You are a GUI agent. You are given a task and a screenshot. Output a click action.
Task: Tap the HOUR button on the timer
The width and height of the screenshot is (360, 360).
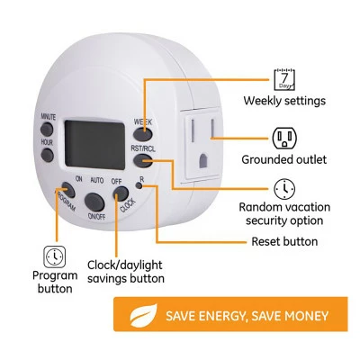[x=47, y=156]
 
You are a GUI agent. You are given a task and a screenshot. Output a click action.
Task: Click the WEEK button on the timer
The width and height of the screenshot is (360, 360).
[x=142, y=134]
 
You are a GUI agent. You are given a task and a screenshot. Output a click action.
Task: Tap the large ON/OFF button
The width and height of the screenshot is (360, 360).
[x=94, y=202]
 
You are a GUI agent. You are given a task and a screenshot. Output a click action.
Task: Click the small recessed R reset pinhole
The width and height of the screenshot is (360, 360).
[x=139, y=185]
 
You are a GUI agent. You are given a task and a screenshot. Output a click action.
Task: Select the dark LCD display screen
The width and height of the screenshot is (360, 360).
[x=94, y=145]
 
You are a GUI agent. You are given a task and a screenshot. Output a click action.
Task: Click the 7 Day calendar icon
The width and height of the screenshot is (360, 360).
[x=284, y=79]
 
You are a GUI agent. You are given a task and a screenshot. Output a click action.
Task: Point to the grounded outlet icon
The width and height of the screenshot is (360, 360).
[x=284, y=138]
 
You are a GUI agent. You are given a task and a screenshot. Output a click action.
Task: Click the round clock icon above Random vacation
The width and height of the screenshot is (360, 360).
[x=284, y=189]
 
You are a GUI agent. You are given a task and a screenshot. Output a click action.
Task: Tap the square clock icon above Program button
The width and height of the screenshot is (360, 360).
[x=54, y=256]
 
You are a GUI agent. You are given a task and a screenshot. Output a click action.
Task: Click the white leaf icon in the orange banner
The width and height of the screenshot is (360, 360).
[x=143, y=315]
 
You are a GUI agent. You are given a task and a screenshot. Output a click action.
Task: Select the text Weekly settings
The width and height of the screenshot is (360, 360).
[x=284, y=101]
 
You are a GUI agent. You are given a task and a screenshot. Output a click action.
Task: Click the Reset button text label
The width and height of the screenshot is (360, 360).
[x=284, y=241]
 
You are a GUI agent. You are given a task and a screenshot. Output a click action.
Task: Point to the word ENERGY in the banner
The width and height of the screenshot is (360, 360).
[x=221, y=316]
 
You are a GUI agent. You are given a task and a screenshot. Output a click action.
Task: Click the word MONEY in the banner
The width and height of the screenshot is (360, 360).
[x=306, y=316]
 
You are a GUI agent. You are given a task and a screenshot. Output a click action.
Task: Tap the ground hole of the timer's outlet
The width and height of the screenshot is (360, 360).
[x=203, y=161]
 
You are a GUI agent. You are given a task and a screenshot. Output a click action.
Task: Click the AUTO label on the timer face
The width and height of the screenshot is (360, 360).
[x=97, y=180]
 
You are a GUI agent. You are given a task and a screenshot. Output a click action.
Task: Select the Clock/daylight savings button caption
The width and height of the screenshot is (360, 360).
[x=126, y=272]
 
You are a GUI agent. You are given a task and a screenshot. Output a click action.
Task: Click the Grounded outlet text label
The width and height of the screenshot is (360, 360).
[x=283, y=159]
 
